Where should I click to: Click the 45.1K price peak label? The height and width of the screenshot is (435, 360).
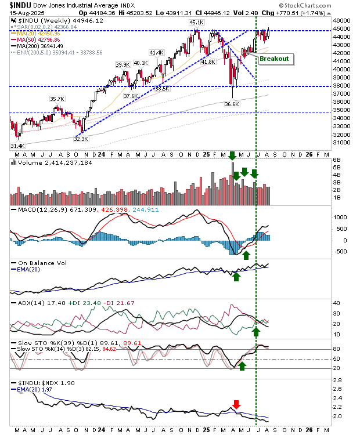point(195,23)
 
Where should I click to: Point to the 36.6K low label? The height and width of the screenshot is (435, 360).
point(232,104)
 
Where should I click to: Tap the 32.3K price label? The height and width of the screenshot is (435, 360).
point(81,139)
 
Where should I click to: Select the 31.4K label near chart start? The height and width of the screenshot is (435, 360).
point(17,146)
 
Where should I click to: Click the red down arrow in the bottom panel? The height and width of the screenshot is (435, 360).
point(236,404)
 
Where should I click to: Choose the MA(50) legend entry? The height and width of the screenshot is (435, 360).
point(36,39)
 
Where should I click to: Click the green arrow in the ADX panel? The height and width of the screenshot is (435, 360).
point(255,331)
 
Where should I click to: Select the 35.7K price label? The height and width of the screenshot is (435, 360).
point(57,99)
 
